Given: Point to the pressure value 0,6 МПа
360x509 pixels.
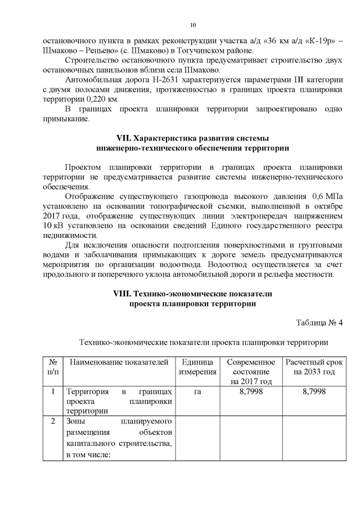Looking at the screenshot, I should tap(326, 196).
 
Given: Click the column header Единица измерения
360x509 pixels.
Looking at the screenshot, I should tap(197, 367).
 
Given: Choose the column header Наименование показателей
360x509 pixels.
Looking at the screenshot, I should tap(119, 362).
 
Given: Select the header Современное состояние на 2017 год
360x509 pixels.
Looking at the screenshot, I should tap(250, 371).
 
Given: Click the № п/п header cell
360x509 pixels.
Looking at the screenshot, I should tap(52, 367).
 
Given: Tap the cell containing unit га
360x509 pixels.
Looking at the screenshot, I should tap(197, 391).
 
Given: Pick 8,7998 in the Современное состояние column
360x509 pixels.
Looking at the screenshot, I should tap(250, 391).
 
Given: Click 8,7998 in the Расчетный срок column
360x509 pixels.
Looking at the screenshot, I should tap(313, 391).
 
